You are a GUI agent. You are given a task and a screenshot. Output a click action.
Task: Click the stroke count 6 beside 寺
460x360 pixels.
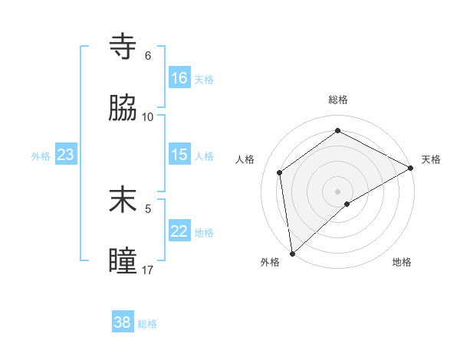click(148, 56)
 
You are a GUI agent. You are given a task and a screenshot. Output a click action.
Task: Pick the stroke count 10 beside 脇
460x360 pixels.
click(148, 117)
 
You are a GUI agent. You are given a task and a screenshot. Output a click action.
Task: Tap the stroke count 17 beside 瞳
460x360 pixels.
click(148, 270)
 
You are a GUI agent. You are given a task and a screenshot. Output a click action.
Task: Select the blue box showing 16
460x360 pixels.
click(179, 78)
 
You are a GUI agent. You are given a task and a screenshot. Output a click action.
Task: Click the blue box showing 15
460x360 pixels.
click(179, 155)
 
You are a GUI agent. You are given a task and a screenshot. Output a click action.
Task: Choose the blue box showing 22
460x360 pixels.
click(179, 231)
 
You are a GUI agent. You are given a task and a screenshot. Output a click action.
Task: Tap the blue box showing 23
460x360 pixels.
click(66, 155)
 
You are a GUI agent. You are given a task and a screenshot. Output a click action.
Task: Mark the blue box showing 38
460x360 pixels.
click(123, 322)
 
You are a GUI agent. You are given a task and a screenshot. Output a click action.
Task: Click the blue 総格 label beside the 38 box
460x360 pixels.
click(147, 323)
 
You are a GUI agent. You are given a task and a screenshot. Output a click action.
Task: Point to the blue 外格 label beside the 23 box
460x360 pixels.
click(41, 155)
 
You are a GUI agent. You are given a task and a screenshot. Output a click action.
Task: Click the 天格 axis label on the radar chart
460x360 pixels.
click(431, 159)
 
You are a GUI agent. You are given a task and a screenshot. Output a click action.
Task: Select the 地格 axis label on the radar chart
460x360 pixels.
click(402, 262)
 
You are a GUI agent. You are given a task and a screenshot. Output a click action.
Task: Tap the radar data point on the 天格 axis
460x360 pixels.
click(411, 168)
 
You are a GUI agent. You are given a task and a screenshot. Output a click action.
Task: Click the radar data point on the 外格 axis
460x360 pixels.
click(292, 254)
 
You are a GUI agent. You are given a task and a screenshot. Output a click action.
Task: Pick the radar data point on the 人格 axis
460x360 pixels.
click(280, 172)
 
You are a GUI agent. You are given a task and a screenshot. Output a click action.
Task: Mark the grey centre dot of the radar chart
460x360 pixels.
click(338, 191)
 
